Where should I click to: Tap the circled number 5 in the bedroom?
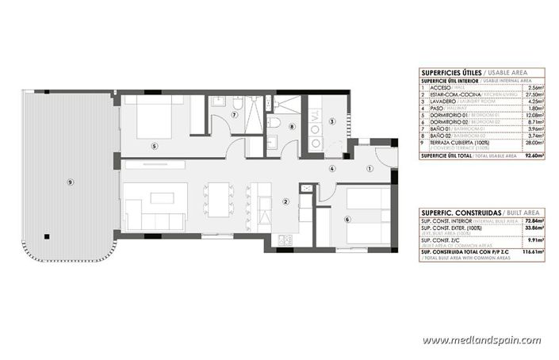(x=155, y=145)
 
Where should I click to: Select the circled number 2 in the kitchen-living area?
(x=285, y=201)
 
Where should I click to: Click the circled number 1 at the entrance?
(x=369, y=168)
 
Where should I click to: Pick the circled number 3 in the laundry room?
(x=332, y=121)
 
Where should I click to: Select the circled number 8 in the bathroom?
(x=292, y=126)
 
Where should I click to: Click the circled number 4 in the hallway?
(x=332, y=168)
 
